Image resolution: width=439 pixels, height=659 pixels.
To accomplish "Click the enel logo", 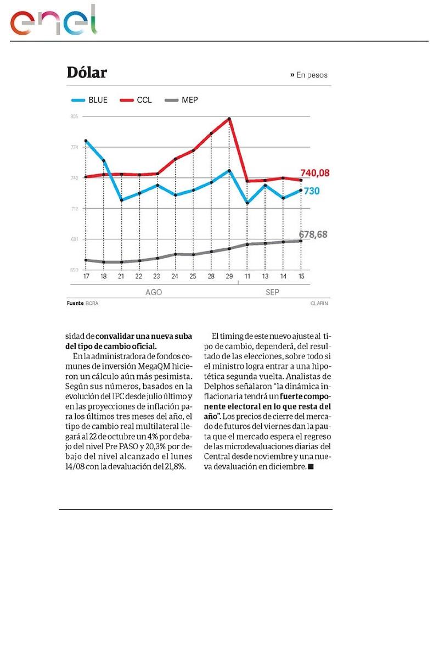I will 54,21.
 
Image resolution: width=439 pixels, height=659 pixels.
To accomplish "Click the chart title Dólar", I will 87,72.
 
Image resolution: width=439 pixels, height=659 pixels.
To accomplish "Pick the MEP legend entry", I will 182,100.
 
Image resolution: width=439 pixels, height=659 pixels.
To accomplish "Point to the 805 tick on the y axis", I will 74,116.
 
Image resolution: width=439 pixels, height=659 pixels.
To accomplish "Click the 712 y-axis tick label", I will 74,209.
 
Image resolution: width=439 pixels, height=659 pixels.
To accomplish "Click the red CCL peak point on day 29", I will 229,119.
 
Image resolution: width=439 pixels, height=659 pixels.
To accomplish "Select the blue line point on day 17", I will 86,141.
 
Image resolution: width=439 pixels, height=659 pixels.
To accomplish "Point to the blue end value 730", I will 312,191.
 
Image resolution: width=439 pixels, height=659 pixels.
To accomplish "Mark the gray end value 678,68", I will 313,234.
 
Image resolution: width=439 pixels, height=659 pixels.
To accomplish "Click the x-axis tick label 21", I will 121,276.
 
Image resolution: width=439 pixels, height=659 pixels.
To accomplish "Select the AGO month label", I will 154,292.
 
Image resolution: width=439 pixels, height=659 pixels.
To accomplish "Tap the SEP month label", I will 272,292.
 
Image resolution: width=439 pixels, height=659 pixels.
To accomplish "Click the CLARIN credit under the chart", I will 319,303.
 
